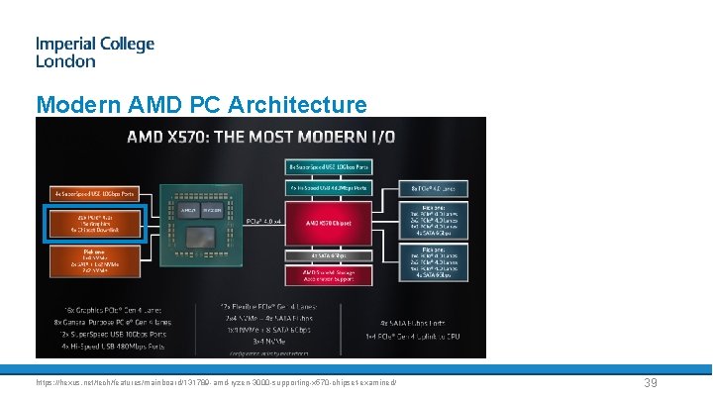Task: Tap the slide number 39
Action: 651,383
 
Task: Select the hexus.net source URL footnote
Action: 216,382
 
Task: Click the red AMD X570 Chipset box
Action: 327,224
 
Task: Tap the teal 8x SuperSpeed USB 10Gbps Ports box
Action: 327,168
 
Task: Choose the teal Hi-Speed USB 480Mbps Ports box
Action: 327,186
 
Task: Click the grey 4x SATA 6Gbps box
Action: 327,254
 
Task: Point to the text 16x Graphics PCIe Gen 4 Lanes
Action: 107,311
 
